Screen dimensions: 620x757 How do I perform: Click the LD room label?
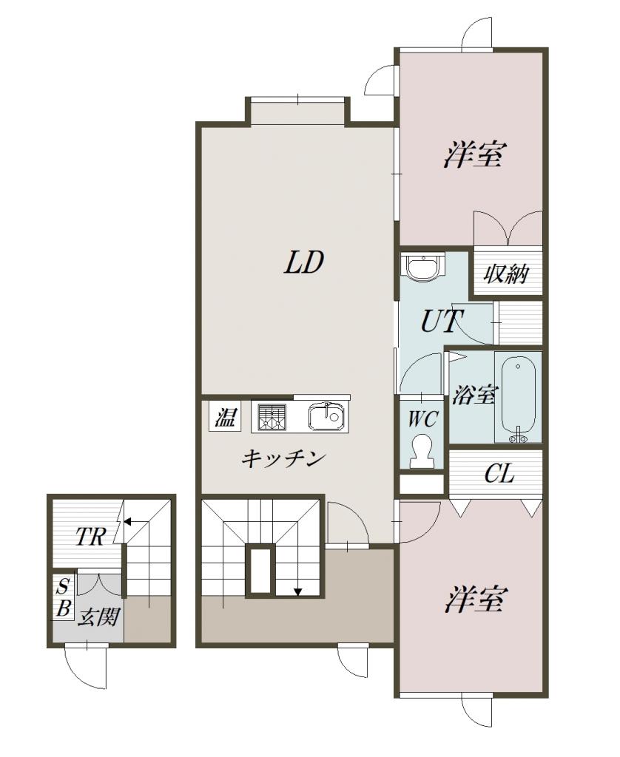[303, 262]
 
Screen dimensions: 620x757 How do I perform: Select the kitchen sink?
[326, 416]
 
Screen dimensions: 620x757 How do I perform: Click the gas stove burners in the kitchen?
[272, 417]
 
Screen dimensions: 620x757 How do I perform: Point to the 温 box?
[225, 417]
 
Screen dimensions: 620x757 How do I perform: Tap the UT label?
[442, 321]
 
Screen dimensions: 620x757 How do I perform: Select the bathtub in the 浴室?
[519, 399]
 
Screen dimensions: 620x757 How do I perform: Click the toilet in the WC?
[422, 451]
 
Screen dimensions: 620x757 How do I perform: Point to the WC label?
[422, 418]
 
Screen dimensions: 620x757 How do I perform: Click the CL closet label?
[499, 474]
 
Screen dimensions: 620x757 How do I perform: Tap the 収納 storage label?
[505, 274]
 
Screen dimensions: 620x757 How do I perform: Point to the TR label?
[90, 537]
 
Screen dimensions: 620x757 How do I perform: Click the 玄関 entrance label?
[98, 617]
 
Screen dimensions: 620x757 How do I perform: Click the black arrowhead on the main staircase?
[298, 591]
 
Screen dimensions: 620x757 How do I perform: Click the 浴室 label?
[474, 395]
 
